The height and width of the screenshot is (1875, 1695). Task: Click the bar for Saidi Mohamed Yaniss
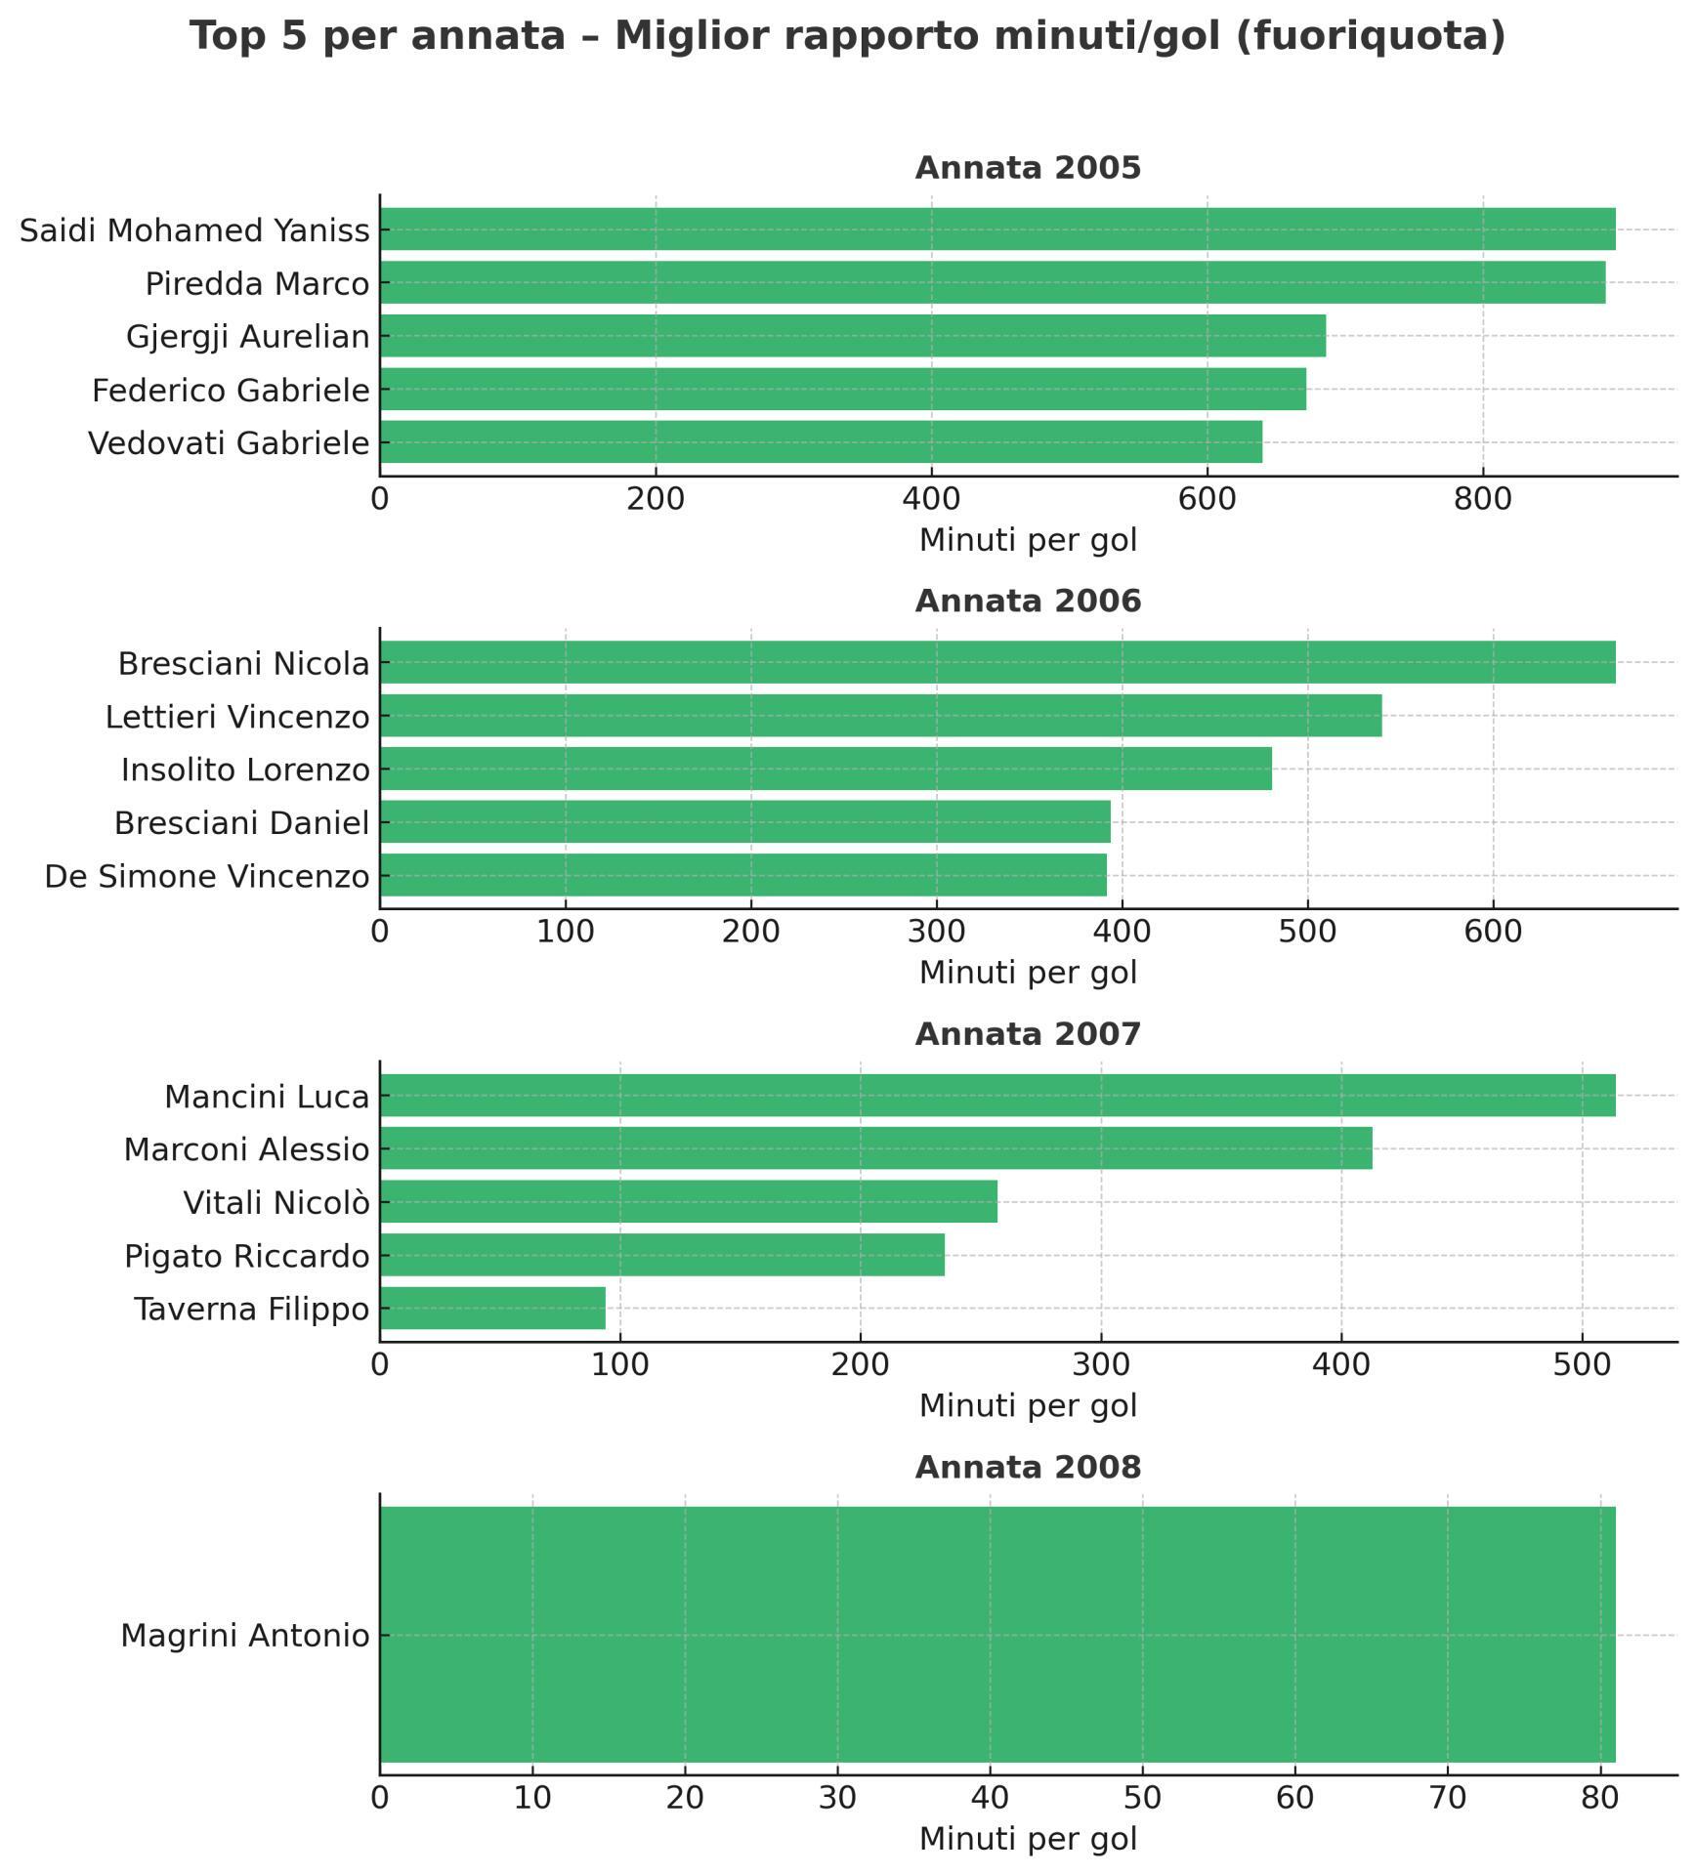(996, 229)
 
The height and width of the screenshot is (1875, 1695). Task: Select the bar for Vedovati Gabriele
(821, 441)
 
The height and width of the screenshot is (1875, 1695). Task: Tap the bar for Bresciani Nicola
(996, 662)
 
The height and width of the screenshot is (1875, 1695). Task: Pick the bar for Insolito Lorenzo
(826, 769)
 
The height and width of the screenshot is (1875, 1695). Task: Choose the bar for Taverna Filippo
(492, 1308)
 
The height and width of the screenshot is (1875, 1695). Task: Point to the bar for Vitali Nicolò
(689, 1201)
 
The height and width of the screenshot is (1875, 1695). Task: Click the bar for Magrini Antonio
(996, 1635)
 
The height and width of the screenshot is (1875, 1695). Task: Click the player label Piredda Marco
(257, 284)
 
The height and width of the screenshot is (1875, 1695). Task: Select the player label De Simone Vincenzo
(207, 876)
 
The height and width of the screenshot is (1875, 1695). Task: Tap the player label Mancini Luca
(267, 1097)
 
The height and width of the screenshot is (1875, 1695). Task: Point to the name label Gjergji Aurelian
(248, 337)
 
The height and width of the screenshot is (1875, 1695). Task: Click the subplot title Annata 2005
(1028, 168)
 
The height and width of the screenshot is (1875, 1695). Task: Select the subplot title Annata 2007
(1028, 1034)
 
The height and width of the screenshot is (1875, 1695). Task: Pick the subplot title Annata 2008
(1028, 1468)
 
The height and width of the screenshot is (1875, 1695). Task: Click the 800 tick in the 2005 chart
(1482, 499)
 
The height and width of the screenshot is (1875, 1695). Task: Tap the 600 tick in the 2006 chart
(1493, 932)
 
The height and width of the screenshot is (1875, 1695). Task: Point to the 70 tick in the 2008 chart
(1447, 1798)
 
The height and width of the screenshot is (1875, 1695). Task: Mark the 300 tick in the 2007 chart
(1101, 1364)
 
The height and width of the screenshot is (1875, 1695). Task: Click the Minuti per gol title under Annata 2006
(1028, 973)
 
